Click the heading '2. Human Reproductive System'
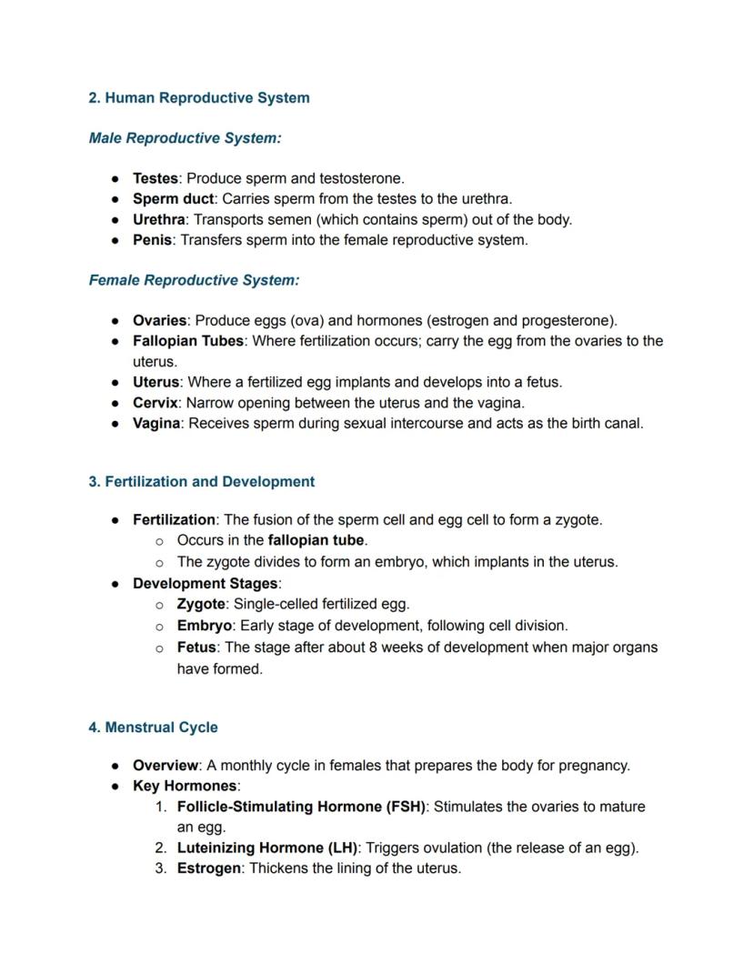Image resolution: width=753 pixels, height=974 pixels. (199, 98)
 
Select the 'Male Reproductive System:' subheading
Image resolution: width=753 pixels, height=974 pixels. (186, 138)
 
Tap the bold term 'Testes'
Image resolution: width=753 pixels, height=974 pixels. (156, 178)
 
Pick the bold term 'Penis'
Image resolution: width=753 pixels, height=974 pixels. (153, 240)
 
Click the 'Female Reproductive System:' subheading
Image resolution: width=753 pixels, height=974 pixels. (195, 280)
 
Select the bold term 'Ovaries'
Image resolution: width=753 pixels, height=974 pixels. (159, 320)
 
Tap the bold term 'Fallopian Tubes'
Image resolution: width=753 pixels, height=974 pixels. (188, 341)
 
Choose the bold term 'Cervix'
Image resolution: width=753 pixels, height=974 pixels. (155, 402)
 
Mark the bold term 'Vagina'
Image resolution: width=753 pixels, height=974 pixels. (156, 423)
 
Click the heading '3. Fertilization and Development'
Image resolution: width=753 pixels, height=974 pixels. (202, 482)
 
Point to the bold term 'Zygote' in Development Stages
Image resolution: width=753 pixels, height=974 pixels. (201, 604)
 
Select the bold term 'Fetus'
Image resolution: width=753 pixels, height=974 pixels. (196, 648)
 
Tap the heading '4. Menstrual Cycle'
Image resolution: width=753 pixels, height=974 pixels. (154, 728)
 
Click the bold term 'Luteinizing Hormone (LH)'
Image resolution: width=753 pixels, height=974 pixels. (267, 848)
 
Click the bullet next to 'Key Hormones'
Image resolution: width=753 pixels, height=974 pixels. (116, 786)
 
